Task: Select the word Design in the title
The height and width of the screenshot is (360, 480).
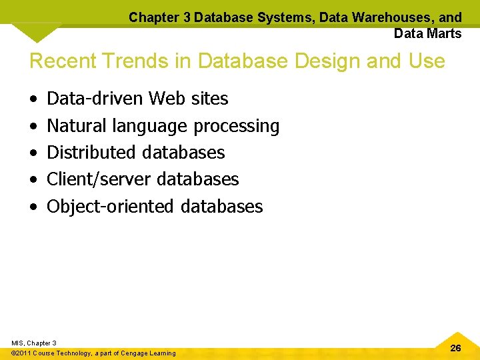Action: [x=332, y=61]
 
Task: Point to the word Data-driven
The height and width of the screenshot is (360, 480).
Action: [x=95, y=99]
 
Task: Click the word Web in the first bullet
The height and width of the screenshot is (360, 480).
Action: [x=167, y=99]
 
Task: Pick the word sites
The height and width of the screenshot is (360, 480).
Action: [x=209, y=99]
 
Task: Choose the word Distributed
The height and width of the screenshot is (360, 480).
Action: [x=89, y=152]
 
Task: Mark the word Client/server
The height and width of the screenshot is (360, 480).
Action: [x=99, y=179]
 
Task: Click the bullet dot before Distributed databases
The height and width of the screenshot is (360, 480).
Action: [x=34, y=153]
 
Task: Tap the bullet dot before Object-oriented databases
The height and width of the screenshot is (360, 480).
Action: [x=34, y=207]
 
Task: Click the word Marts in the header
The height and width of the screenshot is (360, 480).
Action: [x=445, y=33]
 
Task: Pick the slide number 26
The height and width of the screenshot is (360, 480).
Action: [x=456, y=348]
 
